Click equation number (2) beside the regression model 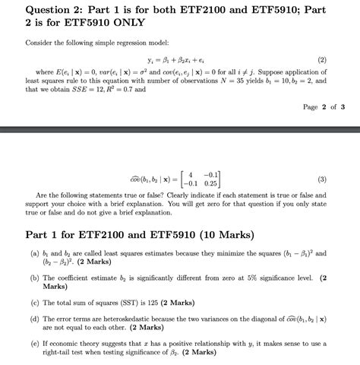click(x=322, y=59)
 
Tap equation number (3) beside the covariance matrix click(x=322, y=179)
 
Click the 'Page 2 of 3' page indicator click(x=324, y=107)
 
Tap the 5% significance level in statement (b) click(x=243, y=278)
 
